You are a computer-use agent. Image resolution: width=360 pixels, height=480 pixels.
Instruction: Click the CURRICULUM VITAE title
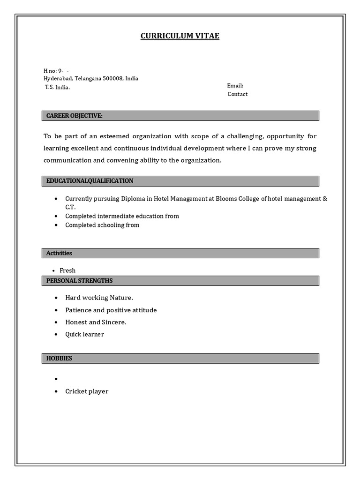pos(180,36)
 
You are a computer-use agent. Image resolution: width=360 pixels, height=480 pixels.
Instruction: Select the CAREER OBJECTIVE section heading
pos(74,116)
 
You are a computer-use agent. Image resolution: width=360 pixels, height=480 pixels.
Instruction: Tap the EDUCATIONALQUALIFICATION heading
pos(90,181)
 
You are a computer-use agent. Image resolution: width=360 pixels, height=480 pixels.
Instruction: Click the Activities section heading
pos(59,253)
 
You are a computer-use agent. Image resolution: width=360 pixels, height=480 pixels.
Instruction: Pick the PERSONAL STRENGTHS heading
pos(79,281)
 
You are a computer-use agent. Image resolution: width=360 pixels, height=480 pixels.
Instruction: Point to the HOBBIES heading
pos(59,358)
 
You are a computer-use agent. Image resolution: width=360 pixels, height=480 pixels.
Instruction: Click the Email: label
pos(235,86)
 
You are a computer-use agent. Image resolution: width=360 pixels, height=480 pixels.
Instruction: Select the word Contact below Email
pos(237,94)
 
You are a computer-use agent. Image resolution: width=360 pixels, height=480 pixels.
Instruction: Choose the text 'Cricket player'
pos(87,391)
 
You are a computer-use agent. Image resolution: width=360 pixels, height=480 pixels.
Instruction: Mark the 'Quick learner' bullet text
pos(84,334)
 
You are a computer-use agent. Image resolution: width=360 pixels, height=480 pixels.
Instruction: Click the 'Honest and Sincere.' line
pos(96,322)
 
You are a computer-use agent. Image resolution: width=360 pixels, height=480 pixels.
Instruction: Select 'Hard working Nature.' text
pos(99,298)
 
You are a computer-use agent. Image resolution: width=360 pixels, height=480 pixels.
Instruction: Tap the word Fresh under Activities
pos(67,270)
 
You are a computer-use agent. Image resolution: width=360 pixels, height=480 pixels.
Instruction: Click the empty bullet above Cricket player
pos(56,379)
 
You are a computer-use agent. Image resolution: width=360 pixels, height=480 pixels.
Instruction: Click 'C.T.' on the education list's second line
pos(70,207)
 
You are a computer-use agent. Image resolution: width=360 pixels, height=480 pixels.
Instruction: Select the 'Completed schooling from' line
pos(102,225)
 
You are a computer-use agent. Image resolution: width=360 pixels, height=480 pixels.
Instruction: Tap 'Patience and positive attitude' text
pos(111,310)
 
